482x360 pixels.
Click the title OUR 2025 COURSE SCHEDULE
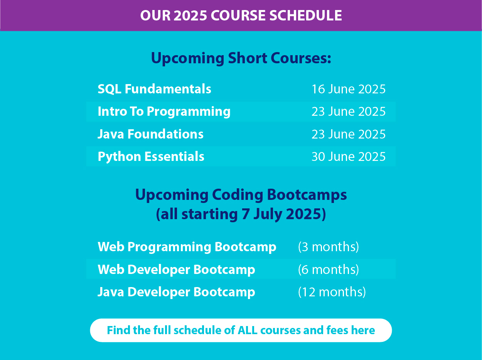point(241,15)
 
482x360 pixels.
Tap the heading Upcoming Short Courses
point(241,58)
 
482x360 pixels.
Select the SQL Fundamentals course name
point(154,89)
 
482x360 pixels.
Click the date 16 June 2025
point(349,89)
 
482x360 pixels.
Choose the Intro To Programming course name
point(164,112)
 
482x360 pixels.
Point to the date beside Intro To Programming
point(349,112)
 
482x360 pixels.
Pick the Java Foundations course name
point(150,134)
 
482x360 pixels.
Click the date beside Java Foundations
point(349,134)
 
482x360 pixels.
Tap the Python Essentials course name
point(151,157)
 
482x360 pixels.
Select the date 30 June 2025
point(349,157)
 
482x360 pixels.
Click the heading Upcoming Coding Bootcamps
point(241,195)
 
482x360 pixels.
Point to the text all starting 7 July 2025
point(241,214)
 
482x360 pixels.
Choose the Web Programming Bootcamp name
point(187,247)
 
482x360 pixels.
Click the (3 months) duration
point(329,247)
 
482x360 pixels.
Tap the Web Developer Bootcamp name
point(176,270)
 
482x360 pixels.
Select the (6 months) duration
point(329,269)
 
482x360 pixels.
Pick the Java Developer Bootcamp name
point(176,292)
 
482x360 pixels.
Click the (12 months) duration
point(332,292)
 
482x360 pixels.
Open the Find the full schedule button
point(241,330)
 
